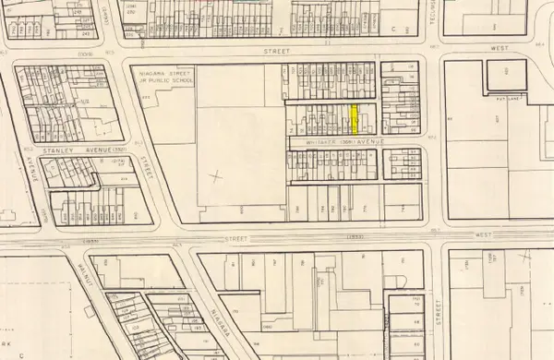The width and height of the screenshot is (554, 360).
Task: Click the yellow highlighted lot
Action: [354, 120]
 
